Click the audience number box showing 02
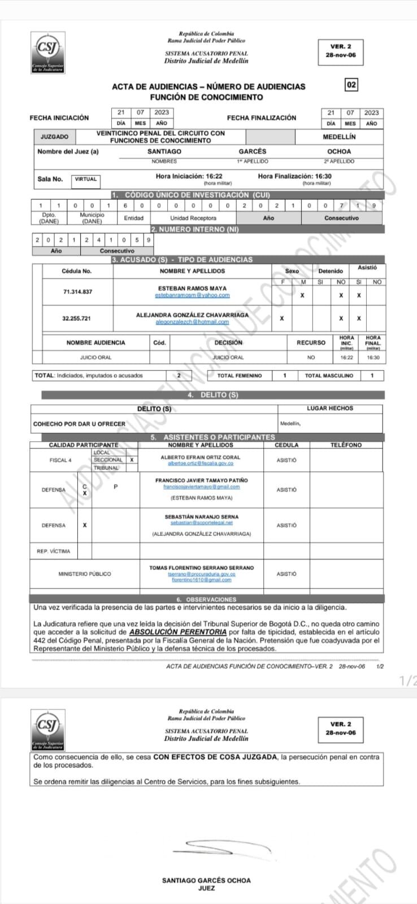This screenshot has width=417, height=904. tap(351, 85)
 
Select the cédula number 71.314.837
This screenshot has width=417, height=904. tap(77, 292)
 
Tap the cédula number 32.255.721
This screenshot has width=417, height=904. tap(76, 319)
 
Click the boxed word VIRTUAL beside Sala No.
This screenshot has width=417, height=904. tap(86, 179)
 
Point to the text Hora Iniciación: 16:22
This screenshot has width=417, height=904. tap(189, 176)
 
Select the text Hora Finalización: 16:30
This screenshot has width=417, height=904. tap(294, 176)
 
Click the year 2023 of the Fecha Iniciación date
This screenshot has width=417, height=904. tap(162, 113)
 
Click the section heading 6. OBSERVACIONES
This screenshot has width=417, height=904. tap(206, 599)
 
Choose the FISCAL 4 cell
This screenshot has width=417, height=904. tap(60, 460)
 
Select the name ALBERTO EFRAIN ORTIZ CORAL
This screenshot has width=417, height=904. tap(200, 457)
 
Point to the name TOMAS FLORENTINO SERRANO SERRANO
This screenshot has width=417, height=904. tap(202, 568)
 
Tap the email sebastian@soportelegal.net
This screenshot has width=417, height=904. tap(201, 523)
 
